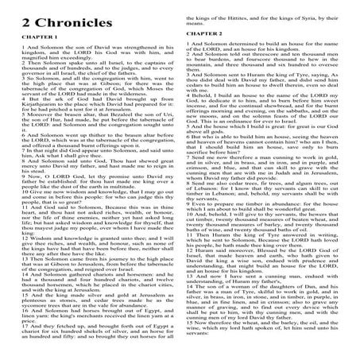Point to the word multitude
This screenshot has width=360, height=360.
(x=119, y=195)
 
